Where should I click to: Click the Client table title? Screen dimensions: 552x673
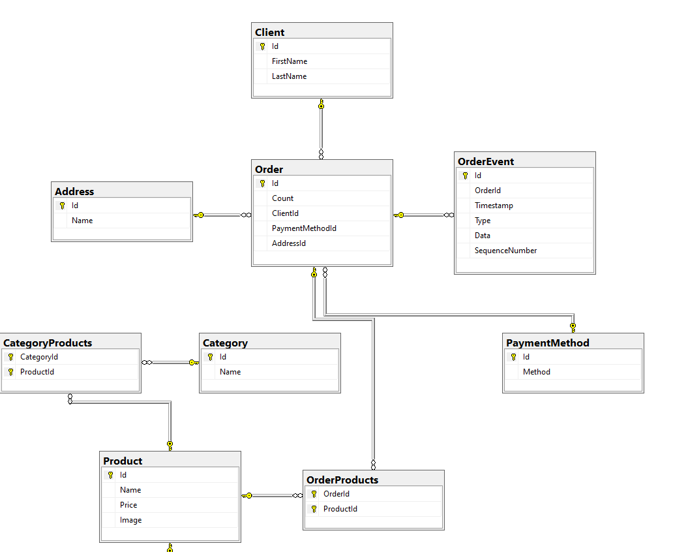270,32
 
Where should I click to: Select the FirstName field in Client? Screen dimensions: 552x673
290,61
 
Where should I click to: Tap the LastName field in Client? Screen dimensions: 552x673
289,76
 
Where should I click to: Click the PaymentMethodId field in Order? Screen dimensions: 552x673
304,228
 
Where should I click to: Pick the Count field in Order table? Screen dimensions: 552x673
282,198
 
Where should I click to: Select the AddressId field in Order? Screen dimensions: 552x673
289,243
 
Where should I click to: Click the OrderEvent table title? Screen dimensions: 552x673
486,162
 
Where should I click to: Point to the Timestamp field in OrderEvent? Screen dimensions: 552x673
494,206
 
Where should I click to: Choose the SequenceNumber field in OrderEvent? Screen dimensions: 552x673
505,251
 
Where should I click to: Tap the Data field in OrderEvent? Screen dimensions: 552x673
483,236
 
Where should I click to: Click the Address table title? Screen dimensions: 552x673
74,192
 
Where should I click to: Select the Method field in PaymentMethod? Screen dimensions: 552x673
536,372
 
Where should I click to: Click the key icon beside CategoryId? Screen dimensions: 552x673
10,357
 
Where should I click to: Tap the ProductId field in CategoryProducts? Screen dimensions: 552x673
37,372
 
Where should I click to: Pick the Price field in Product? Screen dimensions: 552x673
128,505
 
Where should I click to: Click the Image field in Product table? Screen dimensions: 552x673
130,520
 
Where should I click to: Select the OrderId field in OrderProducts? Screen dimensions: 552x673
336,494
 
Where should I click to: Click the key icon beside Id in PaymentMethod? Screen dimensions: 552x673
513,357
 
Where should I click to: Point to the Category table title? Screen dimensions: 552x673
225,343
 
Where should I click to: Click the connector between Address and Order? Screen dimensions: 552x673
222,215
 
